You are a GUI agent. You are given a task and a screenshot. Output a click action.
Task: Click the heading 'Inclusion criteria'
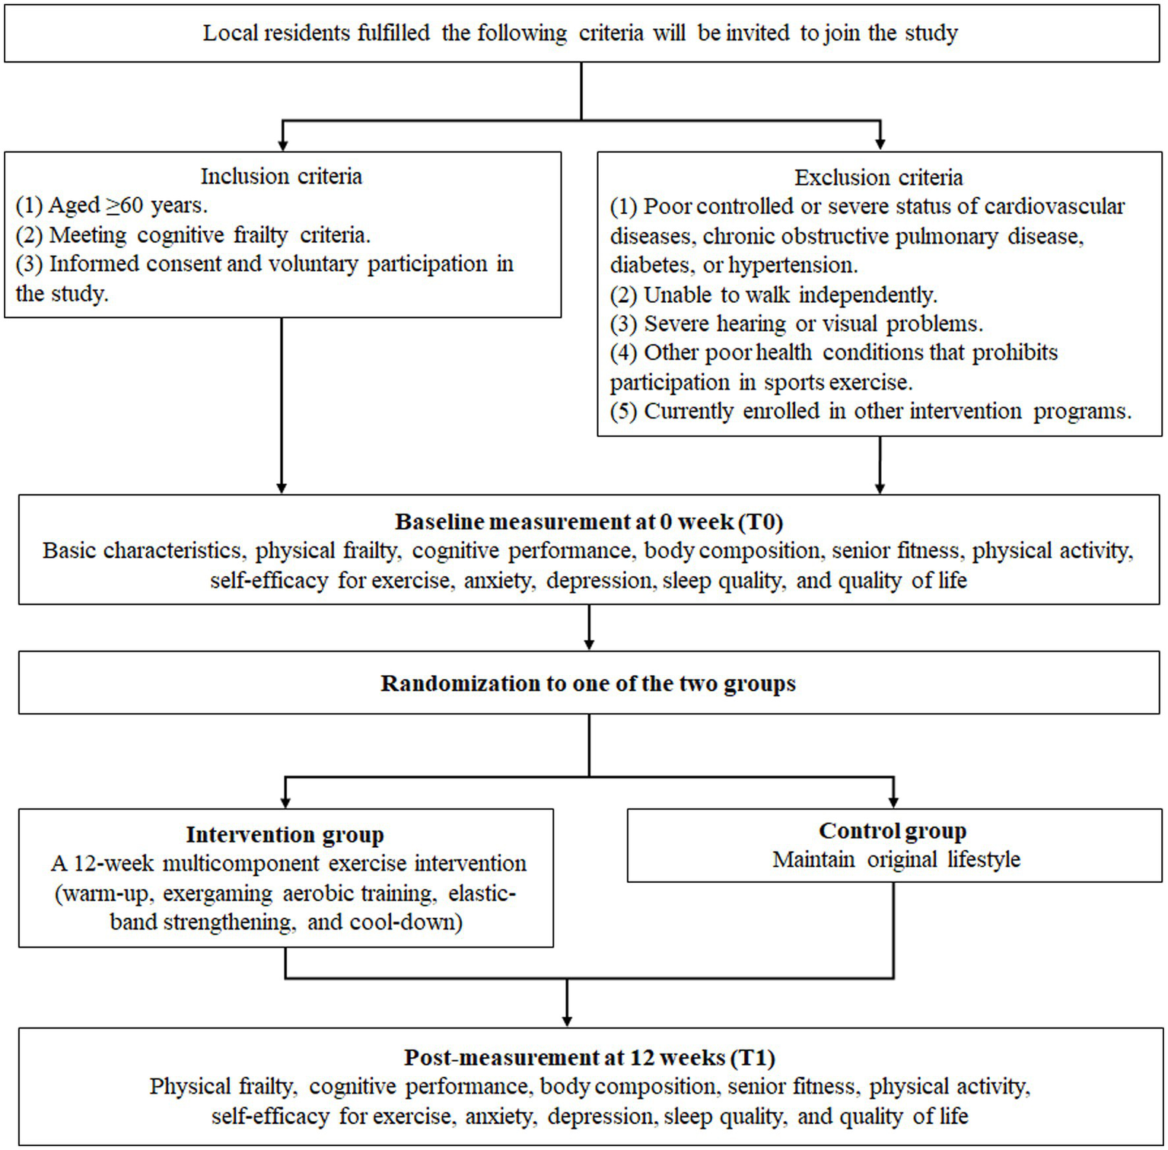pos(281,177)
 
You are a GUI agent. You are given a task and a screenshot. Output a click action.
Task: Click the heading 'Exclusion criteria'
pos(879,177)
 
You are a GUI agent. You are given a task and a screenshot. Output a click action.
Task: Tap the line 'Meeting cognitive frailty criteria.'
pos(193,235)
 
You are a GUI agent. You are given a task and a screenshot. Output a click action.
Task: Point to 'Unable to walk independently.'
pos(774,295)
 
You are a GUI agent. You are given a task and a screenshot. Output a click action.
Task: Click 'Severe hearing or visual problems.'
pos(797,323)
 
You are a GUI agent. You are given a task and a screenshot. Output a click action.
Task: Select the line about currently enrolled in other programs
pos(870,411)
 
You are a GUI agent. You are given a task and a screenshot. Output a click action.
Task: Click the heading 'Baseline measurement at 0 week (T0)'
pos(589,522)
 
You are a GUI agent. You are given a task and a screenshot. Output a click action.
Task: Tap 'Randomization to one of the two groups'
pos(588,683)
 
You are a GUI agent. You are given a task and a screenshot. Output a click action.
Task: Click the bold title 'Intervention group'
pos(285,835)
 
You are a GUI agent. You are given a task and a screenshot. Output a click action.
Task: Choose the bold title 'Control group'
pos(893,830)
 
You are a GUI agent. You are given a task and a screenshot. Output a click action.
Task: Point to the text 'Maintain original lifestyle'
pos(896,860)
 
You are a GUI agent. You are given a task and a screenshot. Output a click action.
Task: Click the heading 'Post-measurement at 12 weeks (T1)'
pos(589,1058)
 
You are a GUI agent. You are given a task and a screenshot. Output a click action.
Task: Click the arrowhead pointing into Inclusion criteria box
pos(282,145)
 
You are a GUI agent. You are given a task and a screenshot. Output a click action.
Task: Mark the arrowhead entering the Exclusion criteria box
pos(880,145)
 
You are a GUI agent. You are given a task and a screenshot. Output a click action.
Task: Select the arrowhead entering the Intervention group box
pos(285,801)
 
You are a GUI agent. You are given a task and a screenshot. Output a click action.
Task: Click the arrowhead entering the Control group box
pos(893,801)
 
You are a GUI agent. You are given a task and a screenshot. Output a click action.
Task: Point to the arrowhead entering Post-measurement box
pos(567,1020)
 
